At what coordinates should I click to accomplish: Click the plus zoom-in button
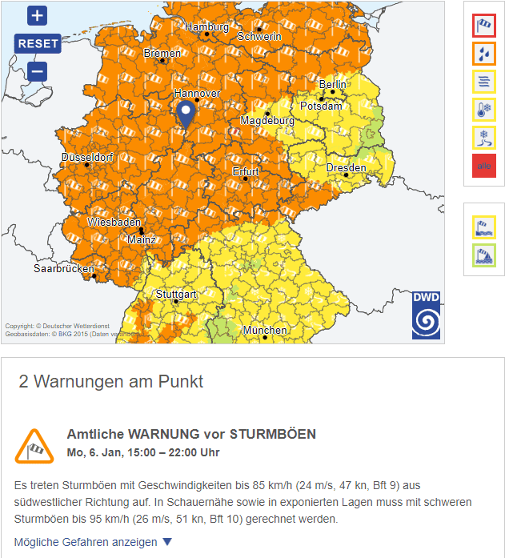[x=38, y=15]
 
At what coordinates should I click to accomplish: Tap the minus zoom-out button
[x=38, y=71]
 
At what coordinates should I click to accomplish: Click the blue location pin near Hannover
[x=186, y=114]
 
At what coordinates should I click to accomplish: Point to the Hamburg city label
[x=206, y=27]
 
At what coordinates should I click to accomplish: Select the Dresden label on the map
[x=346, y=168]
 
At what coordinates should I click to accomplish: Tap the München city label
[x=265, y=330]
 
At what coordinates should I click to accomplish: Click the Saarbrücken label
[x=64, y=269]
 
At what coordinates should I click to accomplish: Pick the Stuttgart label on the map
[x=176, y=295]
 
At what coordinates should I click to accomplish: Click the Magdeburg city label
[x=267, y=121]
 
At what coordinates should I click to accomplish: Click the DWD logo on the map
[x=426, y=315]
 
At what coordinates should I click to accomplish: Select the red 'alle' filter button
[x=484, y=167]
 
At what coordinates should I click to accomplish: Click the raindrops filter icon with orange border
[x=484, y=54]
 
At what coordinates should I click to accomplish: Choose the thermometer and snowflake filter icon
[x=484, y=110]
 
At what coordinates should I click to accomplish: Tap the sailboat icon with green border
[x=484, y=256]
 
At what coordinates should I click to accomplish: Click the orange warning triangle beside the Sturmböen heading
[x=34, y=447]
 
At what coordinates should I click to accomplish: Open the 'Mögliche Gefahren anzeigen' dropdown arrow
[x=167, y=542]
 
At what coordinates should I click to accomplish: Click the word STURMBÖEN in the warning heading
[x=273, y=435]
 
